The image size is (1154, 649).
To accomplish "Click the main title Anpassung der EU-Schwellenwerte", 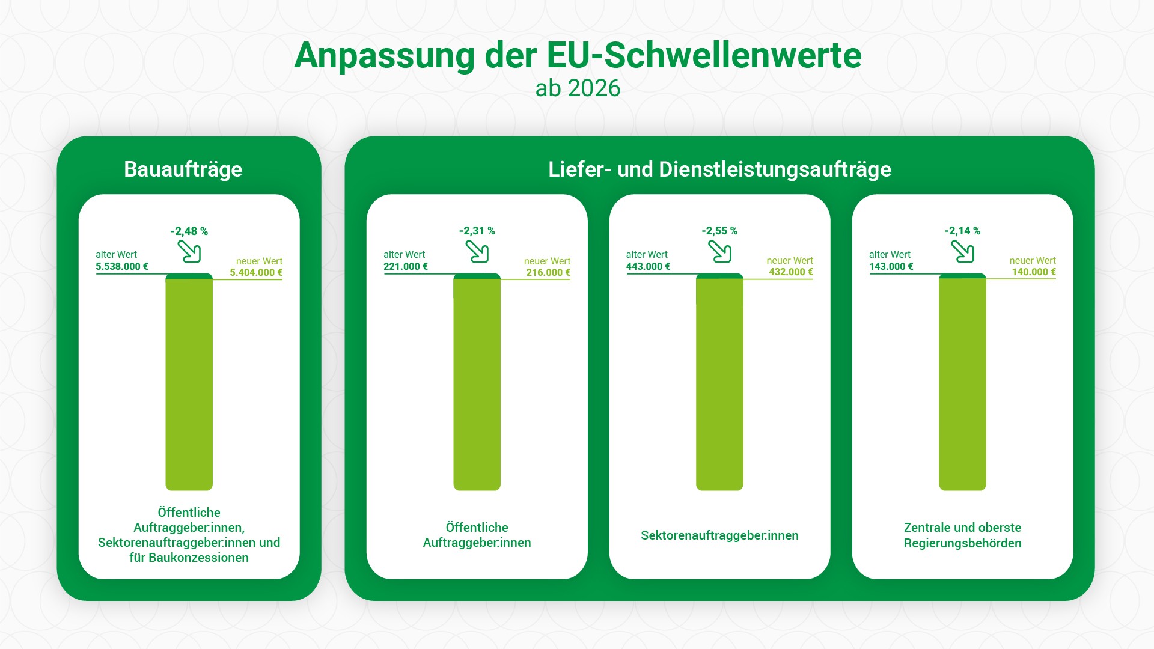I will coord(577,55).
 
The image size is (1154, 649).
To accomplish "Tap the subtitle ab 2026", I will coord(577,88).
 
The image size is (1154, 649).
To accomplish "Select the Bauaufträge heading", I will coord(183,169).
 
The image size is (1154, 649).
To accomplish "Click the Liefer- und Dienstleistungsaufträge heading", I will coord(719,169).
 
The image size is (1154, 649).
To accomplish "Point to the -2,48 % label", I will coord(189,231).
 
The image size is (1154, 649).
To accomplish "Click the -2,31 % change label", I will coord(477,231).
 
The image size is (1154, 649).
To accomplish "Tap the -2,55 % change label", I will coord(719,231).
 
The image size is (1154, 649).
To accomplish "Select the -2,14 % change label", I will coord(962,231).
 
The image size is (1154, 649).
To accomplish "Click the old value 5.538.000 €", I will coord(122,266).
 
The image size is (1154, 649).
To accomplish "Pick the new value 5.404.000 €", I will coord(256,272).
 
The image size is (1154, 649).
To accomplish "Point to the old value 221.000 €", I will coord(406,266).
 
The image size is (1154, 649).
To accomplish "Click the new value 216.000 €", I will coord(548,272).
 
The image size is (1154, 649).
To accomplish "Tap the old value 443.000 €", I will coord(648,266).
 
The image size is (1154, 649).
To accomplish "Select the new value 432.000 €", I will coord(791,272).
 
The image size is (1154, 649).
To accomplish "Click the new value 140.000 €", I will coord(1034,272).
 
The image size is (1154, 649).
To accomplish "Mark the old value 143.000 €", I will coord(891,266).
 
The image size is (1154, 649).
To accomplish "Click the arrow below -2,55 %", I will coord(719,251).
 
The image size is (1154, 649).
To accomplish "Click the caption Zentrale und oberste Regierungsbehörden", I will coord(962,535).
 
